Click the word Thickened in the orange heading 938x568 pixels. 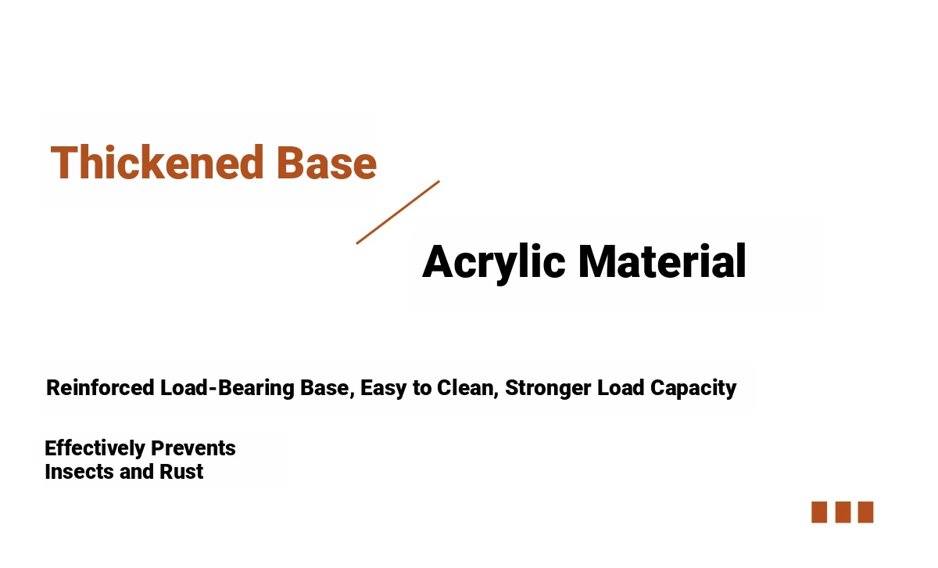pyautogui.click(x=157, y=162)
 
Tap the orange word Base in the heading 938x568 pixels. pyautogui.click(x=327, y=162)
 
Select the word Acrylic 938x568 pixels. pyautogui.click(x=494, y=263)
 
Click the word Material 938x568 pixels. pyautogui.click(x=662, y=261)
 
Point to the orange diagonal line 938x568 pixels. pyautogui.click(x=398, y=212)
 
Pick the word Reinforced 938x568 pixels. pyautogui.click(x=100, y=387)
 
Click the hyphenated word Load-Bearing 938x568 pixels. pyautogui.click(x=227, y=388)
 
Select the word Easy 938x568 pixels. pyautogui.click(x=384, y=389)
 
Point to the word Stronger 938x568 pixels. pyautogui.click(x=548, y=389)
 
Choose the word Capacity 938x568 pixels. pyautogui.click(x=693, y=389)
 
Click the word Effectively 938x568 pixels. pyautogui.click(x=95, y=448)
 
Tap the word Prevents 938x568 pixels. pyautogui.click(x=193, y=448)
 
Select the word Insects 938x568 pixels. pyautogui.click(x=79, y=472)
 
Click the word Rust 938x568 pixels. pyautogui.click(x=181, y=472)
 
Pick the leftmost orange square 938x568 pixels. pyautogui.click(x=819, y=512)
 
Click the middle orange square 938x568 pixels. pyautogui.click(x=843, y=512)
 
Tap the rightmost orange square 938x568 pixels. pyautogui.click(x=865, y=512)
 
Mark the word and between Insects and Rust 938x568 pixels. pyautogui.click(x=137, y=472)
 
